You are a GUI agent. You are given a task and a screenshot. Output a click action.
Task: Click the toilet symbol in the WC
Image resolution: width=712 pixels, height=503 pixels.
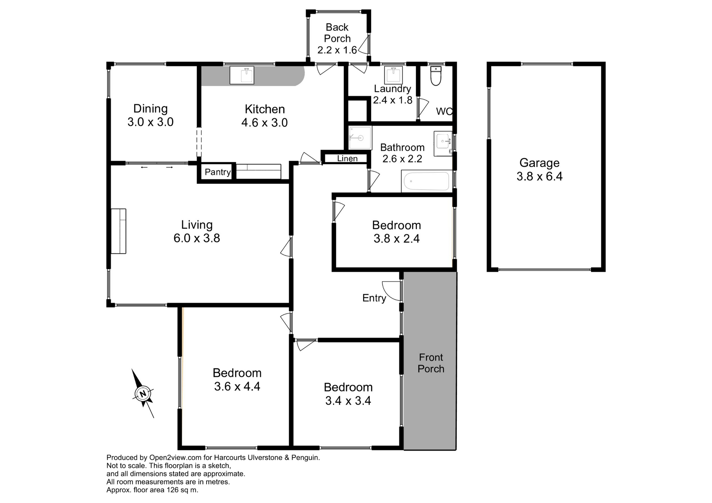tap(436, 76)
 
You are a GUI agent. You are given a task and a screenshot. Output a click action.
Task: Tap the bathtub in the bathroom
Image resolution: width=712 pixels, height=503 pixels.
tap(426, 181)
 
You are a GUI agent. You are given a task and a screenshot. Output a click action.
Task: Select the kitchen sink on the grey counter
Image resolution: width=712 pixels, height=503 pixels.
tap(242, 75)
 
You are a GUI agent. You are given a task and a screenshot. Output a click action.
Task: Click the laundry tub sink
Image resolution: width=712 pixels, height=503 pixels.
tap(393, 75)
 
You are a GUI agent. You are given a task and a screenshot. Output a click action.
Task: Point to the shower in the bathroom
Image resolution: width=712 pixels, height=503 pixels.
tap(360, 138)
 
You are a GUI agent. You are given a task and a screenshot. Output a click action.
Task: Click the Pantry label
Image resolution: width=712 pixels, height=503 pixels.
tap(218, 172)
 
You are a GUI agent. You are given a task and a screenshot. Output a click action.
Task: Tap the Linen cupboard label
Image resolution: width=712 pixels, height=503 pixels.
tap(347, 159)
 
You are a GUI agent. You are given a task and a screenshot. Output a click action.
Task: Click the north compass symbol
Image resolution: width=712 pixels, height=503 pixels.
tap(143, 393)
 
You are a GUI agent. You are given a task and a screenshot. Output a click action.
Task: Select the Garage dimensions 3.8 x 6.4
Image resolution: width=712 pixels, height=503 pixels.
tap(540, 176)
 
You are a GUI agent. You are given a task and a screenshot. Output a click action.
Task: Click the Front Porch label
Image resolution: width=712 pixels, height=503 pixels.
tap(431, 363)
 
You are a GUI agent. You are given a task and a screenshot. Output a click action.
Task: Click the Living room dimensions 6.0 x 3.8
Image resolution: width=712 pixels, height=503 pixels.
tap(197, 238)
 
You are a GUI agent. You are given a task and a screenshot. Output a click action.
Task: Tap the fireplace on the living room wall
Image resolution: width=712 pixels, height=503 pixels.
tap(119, 231)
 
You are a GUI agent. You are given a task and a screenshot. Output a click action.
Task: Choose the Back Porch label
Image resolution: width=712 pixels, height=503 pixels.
tap(337, 33)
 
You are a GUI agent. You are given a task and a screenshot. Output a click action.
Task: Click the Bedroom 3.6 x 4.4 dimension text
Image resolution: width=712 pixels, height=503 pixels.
tap(237, 387)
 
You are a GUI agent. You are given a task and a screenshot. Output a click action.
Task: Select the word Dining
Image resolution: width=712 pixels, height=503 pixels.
tap(150, 109)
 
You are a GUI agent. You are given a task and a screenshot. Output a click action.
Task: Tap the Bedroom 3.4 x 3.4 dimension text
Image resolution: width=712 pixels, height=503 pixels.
tap(348, 401)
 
